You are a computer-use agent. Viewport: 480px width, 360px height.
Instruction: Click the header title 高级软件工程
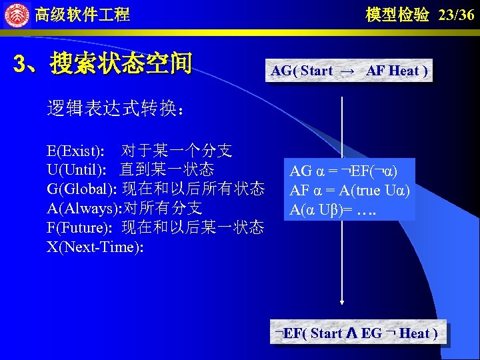(82, 14)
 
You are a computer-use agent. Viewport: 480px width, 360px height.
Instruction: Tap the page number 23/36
(457, 15)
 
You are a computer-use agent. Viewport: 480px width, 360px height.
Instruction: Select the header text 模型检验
(397, 15)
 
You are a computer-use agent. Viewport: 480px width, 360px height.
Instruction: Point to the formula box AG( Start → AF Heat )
(349, 71)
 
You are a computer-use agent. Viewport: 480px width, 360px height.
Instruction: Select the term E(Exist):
(75, 150)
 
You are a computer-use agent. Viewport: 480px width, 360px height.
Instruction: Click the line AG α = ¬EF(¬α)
(344, 171)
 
